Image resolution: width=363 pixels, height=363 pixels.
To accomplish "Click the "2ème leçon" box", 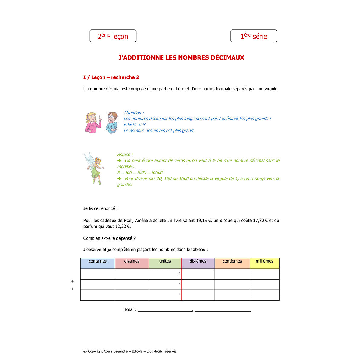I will [113, 36].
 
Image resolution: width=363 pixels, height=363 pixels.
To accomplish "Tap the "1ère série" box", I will [253, 36].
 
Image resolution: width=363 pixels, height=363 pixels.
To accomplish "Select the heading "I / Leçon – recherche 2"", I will [111, 77].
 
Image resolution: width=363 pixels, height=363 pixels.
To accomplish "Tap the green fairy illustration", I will [95, 168].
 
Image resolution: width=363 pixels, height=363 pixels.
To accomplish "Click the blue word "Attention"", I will [132, 113].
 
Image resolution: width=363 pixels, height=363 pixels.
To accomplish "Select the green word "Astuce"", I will [124, 155].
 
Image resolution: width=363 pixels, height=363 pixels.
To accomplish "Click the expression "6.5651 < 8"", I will [134, 125].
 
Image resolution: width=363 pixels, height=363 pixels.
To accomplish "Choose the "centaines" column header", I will [98, 261].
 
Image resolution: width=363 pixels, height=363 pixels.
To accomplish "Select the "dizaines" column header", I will [132, 261].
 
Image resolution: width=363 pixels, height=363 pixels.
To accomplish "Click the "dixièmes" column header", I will [198, 261].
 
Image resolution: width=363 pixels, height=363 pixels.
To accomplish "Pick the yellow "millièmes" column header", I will [264, 261].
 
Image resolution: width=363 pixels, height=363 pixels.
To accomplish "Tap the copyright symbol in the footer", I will [85, 352].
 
